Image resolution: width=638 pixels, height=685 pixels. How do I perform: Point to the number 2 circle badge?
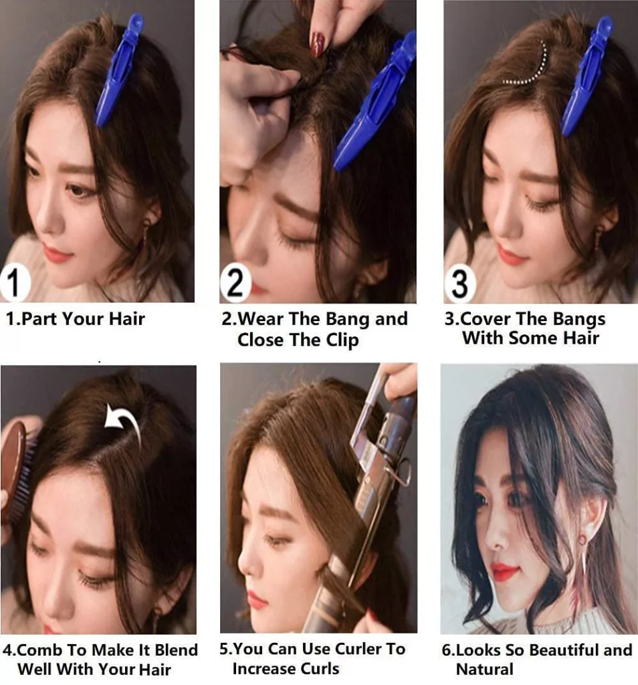coord(236,283)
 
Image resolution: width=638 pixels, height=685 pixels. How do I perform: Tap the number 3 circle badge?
coord(460,283)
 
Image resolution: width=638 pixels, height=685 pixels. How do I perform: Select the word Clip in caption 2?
coord(342,340)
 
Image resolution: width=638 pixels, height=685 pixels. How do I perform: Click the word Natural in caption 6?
coord(484,669)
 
